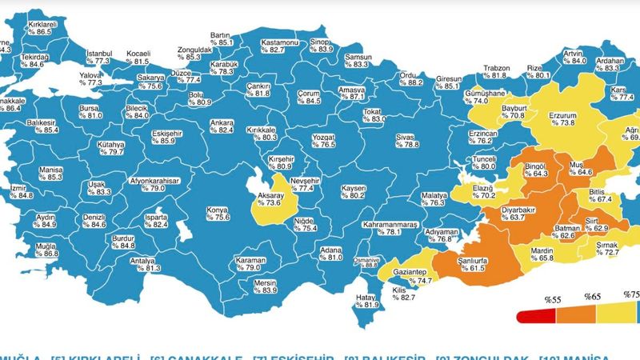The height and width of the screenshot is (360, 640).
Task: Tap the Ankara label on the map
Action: tap(221, 122)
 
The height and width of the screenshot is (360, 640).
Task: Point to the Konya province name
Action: tap(218, 210)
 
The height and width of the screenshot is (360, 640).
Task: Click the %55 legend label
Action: tap(554, 299)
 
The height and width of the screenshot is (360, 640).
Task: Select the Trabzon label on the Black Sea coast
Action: tap(497, 68)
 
